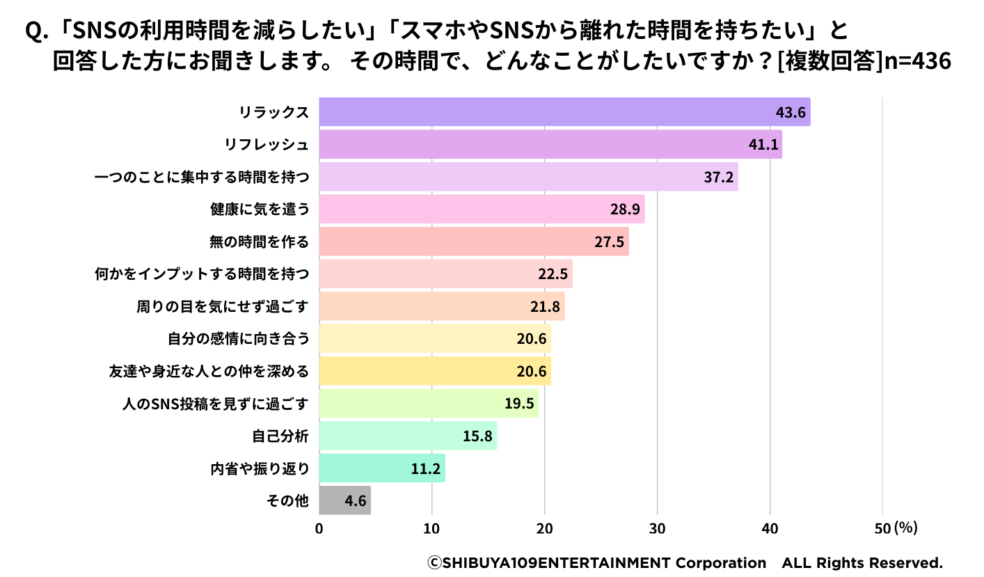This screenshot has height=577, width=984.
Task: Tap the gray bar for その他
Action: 344,500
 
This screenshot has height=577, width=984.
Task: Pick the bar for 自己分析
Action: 408,435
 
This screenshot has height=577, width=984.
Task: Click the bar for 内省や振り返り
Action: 381,468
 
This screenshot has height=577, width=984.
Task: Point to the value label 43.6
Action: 791,113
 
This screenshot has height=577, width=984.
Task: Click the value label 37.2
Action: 718,177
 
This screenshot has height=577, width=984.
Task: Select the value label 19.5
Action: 518,403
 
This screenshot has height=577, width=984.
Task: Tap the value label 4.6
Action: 355,500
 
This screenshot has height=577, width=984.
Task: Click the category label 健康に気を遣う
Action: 259,209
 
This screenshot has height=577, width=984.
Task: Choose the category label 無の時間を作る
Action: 259,242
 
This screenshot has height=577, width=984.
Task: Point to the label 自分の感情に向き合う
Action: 238,338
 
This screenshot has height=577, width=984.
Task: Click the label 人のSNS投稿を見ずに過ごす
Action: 214,403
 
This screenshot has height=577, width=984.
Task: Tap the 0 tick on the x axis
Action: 319,528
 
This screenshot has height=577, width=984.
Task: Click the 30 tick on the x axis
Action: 657,528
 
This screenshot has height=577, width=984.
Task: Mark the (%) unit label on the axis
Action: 906,528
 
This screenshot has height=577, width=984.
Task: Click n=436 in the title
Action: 916,61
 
